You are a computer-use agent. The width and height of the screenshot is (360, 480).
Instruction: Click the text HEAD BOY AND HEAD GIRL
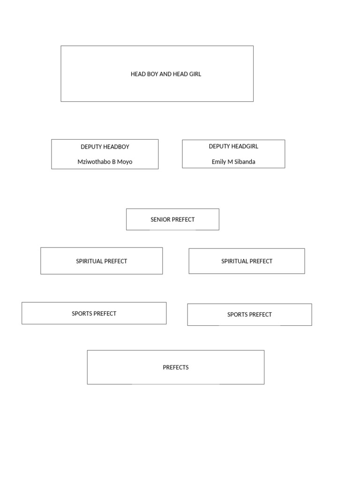(x=165, y=74)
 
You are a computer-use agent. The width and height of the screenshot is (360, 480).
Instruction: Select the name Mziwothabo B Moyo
(x=105, y=162)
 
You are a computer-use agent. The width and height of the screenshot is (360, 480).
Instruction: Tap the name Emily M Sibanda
(x=233, y=162)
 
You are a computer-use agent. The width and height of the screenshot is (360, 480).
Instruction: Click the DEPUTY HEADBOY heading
(x=105, y=147)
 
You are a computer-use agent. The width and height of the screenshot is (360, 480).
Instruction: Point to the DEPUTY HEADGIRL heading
(x=233, y=146)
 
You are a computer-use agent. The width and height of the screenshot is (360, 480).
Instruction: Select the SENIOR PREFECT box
(x=172, y=219)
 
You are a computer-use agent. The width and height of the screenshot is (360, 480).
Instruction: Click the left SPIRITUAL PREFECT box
(x=101, y=261)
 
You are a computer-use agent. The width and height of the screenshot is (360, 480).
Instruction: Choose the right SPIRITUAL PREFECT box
(x=247, y=261)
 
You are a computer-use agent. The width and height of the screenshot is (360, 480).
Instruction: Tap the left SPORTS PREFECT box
(x=94, y=314)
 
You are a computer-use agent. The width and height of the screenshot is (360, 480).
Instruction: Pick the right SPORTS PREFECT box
(x=249, y=315)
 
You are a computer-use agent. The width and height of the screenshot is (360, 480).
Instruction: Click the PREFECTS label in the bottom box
(x=176, y=367)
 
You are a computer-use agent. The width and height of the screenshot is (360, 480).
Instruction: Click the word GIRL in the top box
(x=195, y=74)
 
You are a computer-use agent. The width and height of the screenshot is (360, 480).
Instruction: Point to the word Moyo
(x=125, y=162)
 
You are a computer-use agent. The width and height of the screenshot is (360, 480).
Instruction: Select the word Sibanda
(x=244, y=162)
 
